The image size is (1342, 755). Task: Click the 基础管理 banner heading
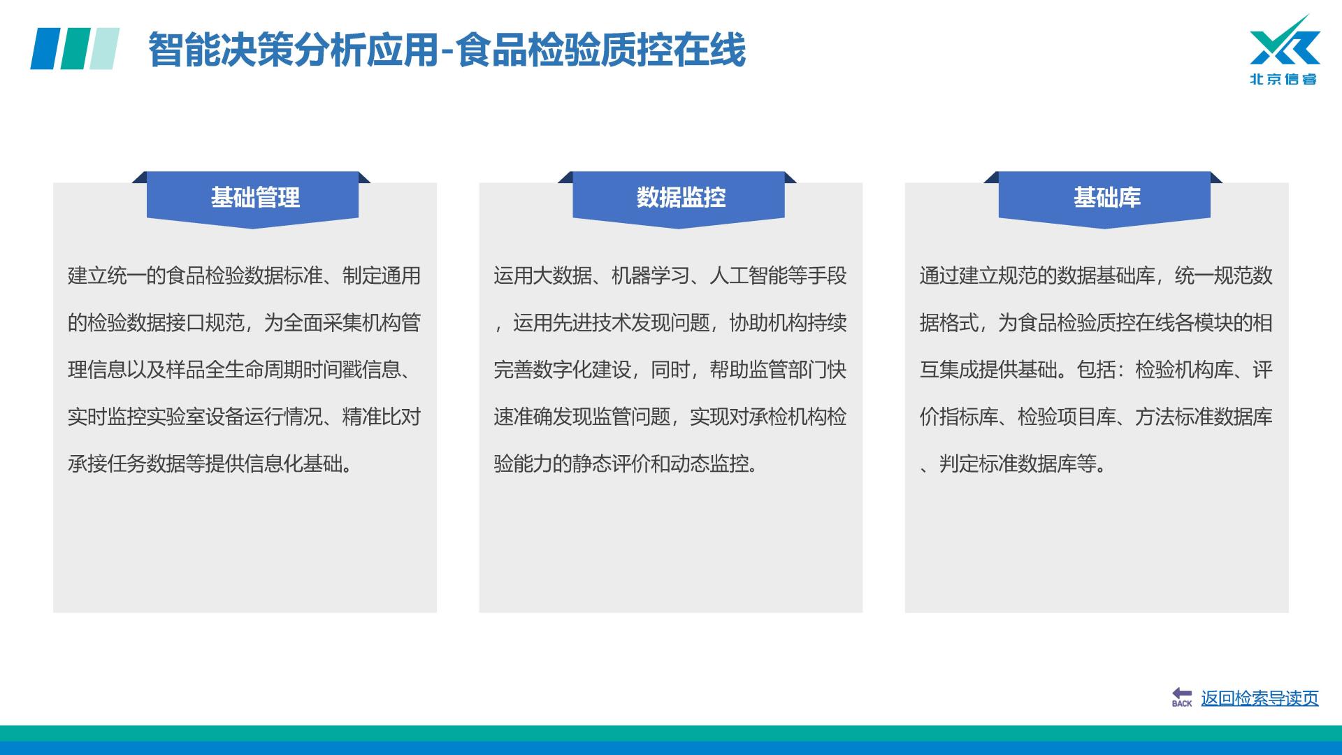coord(255,198)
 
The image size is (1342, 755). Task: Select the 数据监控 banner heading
coord(681,198)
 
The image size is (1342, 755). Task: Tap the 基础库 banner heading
coord(1107,198)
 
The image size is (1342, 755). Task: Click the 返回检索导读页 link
coord(1260,698)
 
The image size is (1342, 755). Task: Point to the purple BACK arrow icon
coord(1182,697)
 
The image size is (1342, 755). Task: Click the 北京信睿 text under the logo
coord(1283,79)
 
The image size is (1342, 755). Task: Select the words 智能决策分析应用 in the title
coord(293,50)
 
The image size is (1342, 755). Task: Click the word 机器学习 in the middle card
coord(650,275)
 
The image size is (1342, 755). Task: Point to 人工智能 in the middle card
coord(749,275)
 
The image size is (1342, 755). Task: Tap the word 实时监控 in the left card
coord(107,417)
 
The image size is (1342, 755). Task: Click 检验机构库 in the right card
coord(1184,369)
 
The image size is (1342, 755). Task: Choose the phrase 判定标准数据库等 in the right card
coord(1018,463)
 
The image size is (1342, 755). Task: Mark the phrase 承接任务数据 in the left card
coord(127,463)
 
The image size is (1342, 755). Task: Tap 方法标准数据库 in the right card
coord(1204,417)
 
